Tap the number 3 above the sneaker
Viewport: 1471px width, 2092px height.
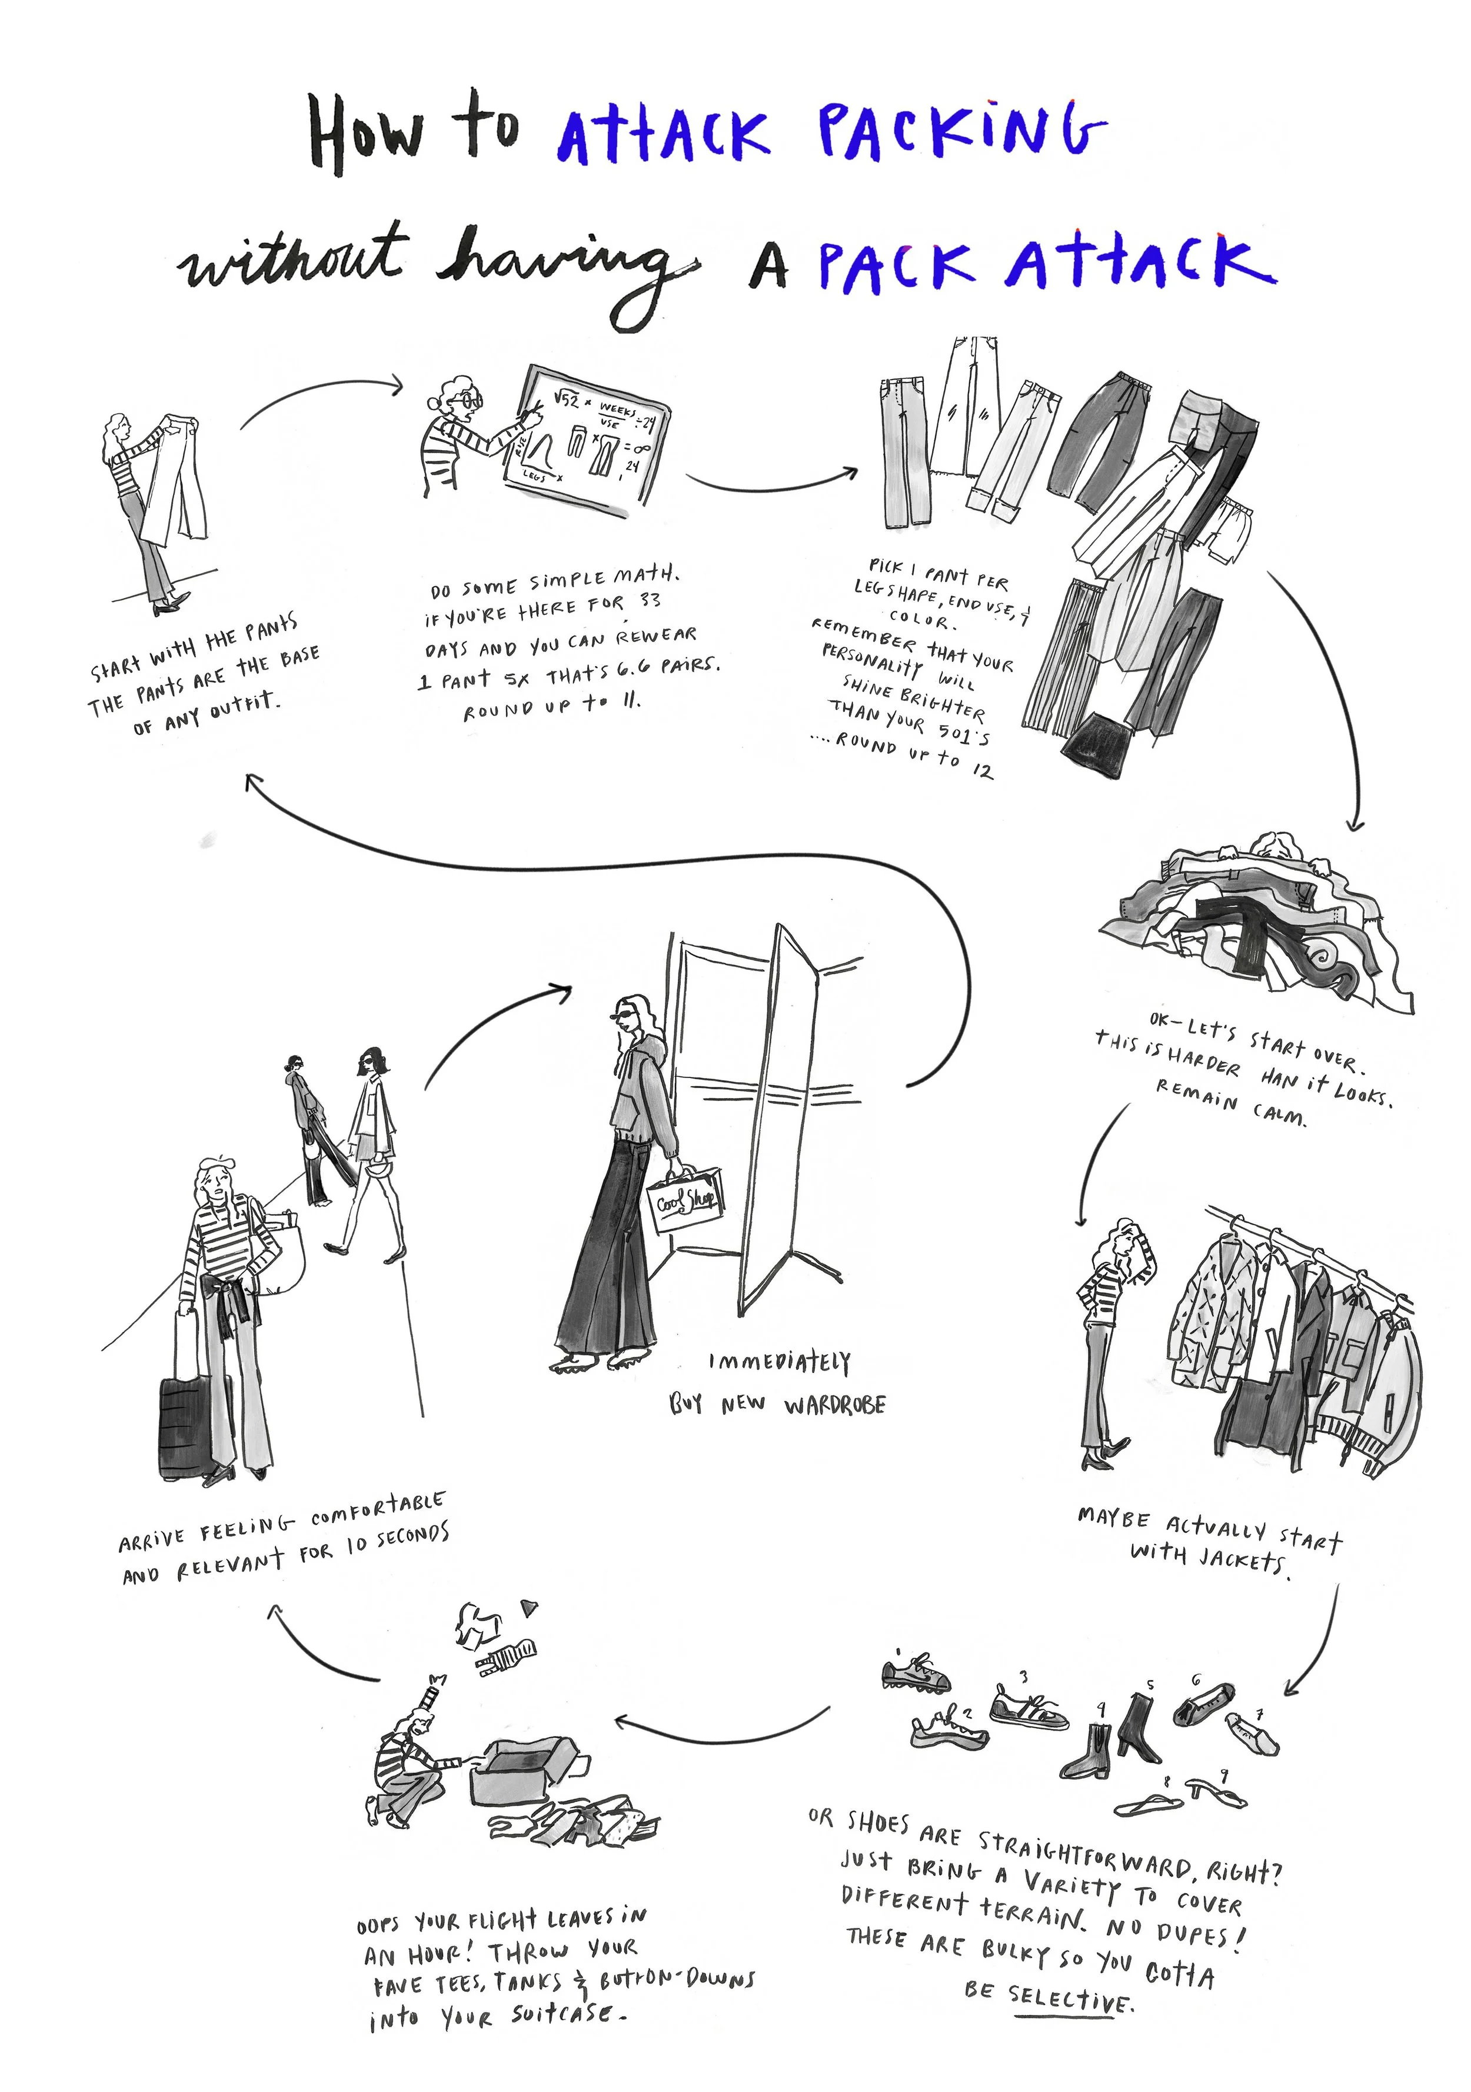coord(1023,1675)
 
